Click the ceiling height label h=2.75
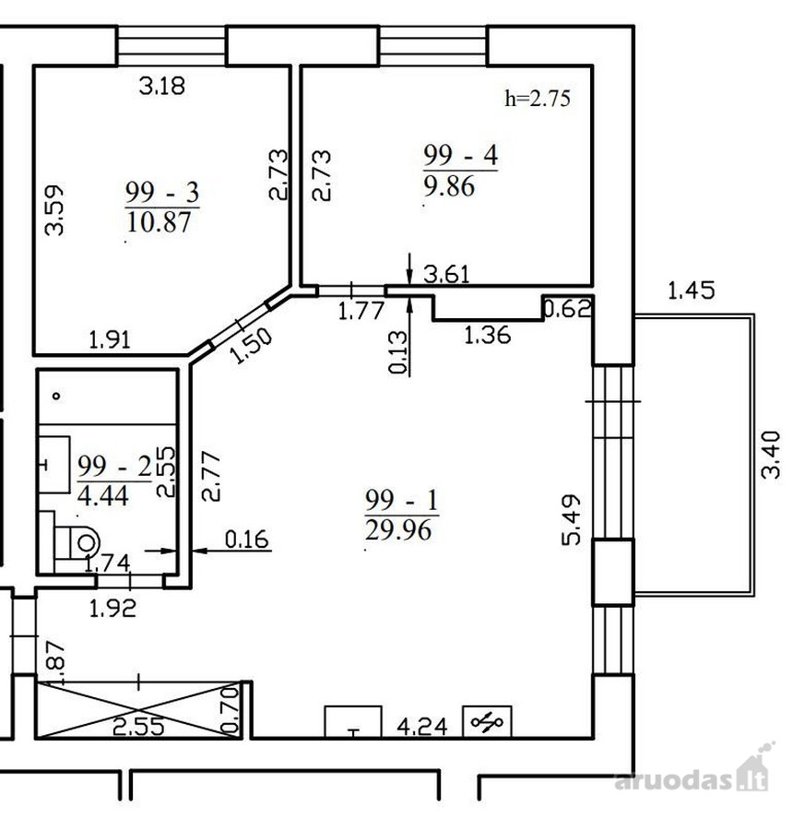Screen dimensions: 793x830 (x=538, y=99)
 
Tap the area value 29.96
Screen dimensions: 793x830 (x=398, y=530)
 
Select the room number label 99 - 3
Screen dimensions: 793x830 (x=162, y=192)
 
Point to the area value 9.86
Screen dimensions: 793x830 (x=449, y=186)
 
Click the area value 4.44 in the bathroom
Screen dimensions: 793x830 (x=102, y=496)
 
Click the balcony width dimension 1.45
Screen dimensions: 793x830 (x=691, y=290)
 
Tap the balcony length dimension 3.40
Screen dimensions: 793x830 (x=771, y=455)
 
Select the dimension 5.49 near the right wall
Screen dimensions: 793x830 (x=572, y=520)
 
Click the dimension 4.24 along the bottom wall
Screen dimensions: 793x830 (x=422, y=727)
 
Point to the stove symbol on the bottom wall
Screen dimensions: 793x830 (x=487, y=721)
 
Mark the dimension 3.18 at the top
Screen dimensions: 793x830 (x=162, y=86)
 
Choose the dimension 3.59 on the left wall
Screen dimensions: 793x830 (x=54, y=209)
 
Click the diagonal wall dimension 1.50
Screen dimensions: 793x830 (x=252, y=346)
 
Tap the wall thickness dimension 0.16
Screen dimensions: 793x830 (x=247, y=539)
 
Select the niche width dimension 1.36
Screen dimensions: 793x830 (x=487, y=335)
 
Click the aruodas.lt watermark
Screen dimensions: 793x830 (x=693, y=776)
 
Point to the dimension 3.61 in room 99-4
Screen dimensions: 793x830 (x=447, y=274)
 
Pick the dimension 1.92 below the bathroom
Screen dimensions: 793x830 (x=112, y=609)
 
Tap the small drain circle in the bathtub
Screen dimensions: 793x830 (x=56, y=396)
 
